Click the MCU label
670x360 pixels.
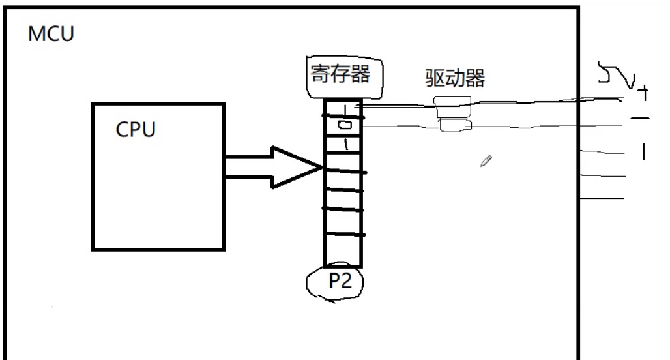(51, 34)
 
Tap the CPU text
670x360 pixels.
(136, 129)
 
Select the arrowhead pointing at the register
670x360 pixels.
(297, 168)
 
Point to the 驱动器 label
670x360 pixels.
(455, 80)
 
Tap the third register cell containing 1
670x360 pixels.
(344, 143)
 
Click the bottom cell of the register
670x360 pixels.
(343, 250)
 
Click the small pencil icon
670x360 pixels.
(486, 160)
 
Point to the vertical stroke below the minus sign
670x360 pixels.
(644, 152)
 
